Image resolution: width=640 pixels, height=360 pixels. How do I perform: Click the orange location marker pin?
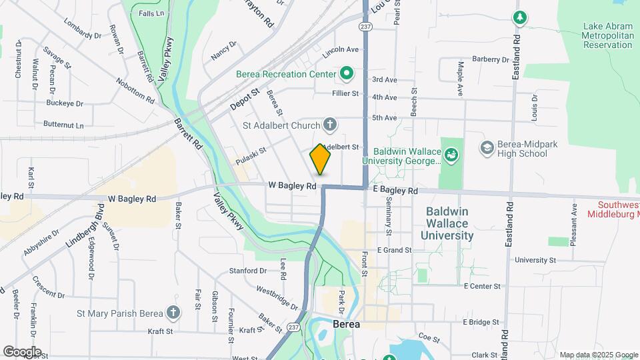[320, 159]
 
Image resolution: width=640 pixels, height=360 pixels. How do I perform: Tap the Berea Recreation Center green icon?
[347, 73]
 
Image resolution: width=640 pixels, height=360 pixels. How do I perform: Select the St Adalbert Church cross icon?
[329, 123]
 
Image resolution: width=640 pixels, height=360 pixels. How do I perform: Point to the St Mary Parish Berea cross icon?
[173, 313]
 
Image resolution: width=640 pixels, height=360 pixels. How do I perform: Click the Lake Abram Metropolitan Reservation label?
[607, 36]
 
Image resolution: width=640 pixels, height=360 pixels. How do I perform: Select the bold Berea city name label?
[347, 325]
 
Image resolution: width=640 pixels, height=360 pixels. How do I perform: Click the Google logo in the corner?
[22, 352]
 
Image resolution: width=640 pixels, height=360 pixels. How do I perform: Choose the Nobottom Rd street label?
[135, 91]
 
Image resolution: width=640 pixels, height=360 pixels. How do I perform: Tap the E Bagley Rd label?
[395, 191]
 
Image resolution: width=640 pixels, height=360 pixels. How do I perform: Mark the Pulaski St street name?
[251, 156]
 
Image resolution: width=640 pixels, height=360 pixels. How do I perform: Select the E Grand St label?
[394, 250]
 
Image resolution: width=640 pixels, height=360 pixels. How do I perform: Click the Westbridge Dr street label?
[277, 298]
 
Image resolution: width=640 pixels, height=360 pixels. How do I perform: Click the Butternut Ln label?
[63, 125]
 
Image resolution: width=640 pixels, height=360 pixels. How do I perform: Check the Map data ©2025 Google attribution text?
[598, 355]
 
